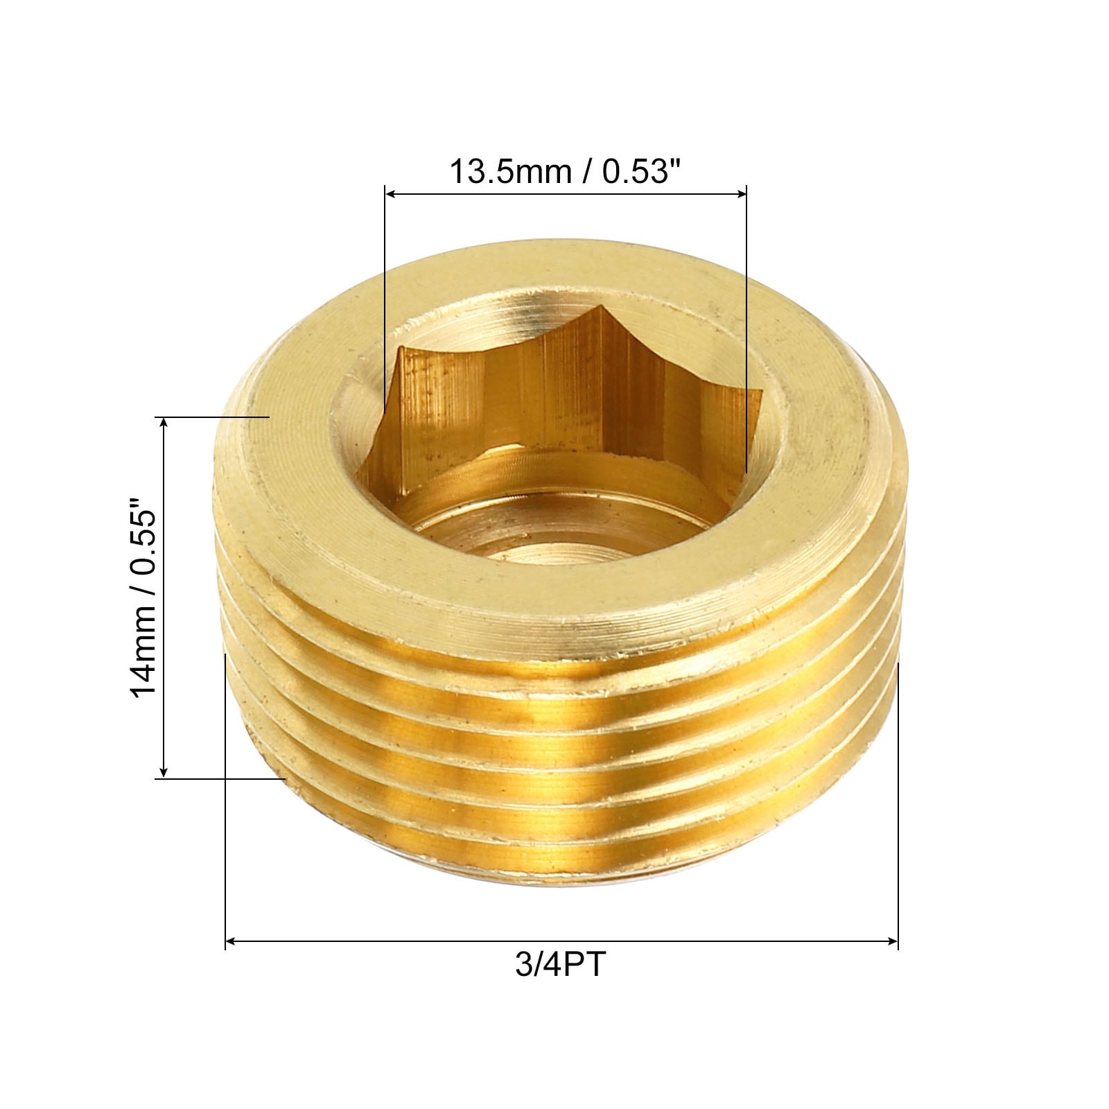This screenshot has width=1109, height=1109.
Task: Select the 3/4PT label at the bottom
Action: click(x=561, y=965)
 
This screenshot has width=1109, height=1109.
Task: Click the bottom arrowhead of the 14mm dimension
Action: click(x=164, y=770)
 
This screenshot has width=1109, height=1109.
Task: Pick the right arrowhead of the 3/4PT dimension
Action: click(x=891, y=941)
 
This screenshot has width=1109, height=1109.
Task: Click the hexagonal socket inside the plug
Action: click(x=565, y=409)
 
